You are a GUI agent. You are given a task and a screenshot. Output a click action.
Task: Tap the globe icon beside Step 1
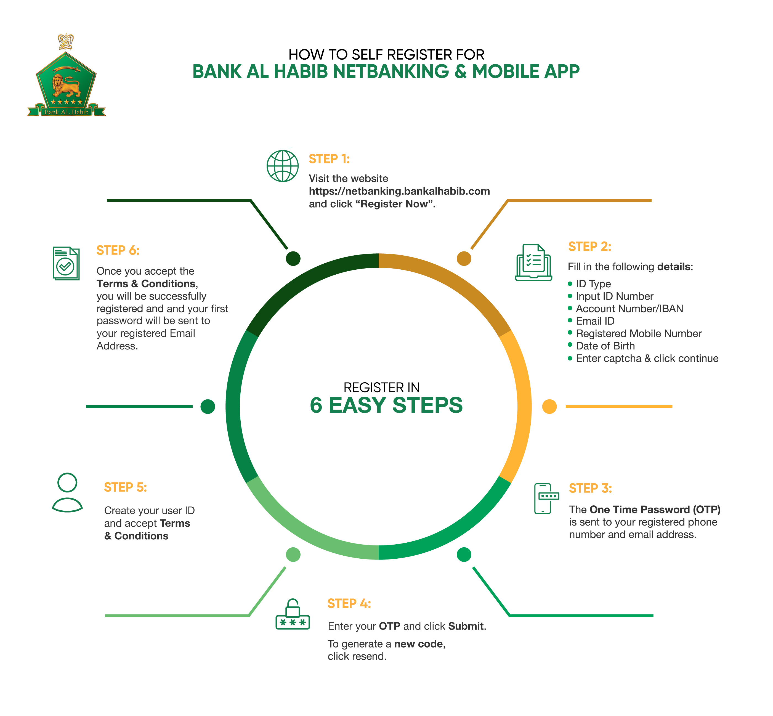tap(283, 166)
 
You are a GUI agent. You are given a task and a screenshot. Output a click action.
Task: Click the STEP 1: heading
tap(329, 159)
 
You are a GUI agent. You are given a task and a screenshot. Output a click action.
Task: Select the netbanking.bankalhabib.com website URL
tap(399, 191)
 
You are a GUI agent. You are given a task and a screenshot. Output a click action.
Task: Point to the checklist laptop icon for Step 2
tap(533, 262)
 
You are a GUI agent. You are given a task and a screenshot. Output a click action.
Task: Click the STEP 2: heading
tap(589, 246)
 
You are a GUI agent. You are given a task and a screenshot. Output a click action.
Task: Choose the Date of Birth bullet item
tap(605, 346)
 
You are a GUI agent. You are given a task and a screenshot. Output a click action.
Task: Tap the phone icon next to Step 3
tap(546, 498)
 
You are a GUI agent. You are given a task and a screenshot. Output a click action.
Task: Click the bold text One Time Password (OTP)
tap(655, 510)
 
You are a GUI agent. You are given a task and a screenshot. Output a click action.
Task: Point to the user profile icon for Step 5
tap(67, 492)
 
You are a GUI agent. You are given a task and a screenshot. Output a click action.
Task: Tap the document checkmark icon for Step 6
tap(66, 264)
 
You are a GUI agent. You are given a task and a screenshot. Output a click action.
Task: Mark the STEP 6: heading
tap(118, 250)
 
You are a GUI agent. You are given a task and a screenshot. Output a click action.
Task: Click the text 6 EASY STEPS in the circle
tap(386, 405)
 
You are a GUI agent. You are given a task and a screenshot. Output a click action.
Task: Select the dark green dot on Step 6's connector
tap(293, 258)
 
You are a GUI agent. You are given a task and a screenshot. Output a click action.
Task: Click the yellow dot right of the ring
tap(549, 406)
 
